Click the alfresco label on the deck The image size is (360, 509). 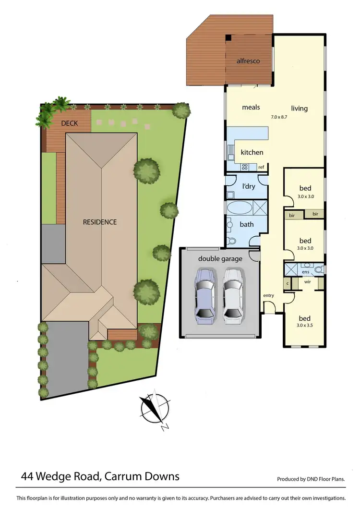tap(248, 61)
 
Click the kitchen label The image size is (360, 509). tap(252, 152)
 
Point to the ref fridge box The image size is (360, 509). tap(261, 167)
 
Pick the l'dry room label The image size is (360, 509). tap(248, 186)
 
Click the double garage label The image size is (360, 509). tap(220, 259)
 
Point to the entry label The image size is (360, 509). tap(268, 295)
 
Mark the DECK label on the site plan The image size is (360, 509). tap(69, 123)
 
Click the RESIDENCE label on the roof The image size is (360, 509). tap(100, 222)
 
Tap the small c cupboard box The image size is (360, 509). tap(288, 283)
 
